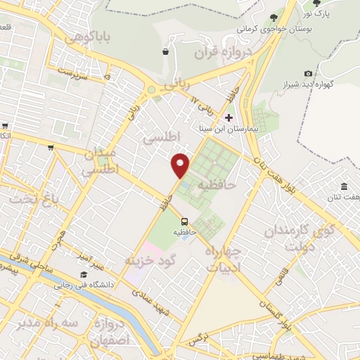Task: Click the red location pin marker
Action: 181,165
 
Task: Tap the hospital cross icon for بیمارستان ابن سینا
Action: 229,117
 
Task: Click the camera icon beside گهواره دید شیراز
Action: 308,73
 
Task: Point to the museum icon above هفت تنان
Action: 344,186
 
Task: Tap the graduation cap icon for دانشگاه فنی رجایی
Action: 84,274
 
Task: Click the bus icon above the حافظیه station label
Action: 184,221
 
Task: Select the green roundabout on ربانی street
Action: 151,90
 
